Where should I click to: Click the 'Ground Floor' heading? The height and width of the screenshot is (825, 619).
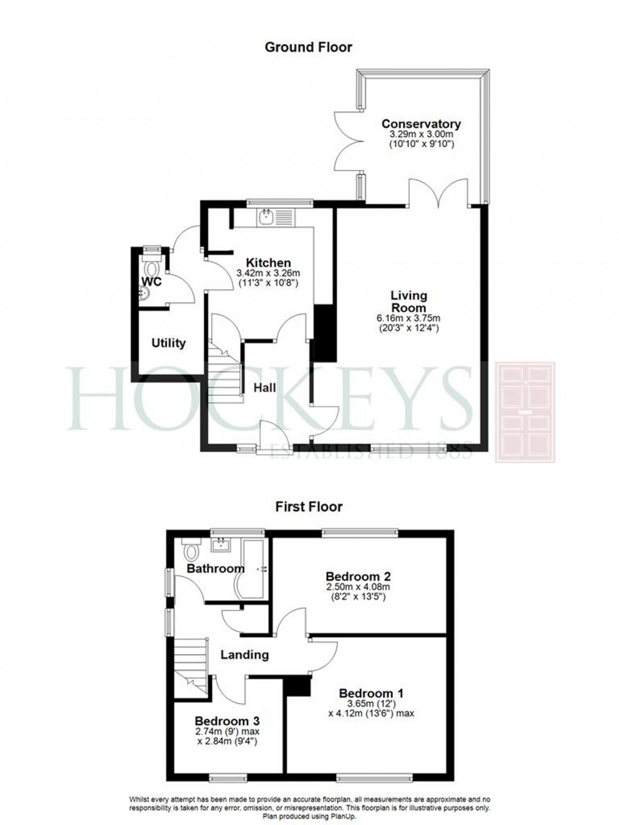pyautogui.click(x=308, y=47)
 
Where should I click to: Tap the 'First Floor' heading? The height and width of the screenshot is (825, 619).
pyautogui.click(x=308, y=506)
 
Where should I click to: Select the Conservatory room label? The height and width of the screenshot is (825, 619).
pyautogui.click(x=421, y=124)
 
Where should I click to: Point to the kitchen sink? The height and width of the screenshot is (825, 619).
pyautogui.click(x=266, y=217)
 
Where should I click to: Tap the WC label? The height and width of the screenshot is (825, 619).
pyautogui.click(x=151, y=281)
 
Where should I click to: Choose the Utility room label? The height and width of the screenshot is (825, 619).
pyautogui.click(x=168, y=343)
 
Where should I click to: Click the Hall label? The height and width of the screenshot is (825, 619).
pyautogui.click(x=264, y=388)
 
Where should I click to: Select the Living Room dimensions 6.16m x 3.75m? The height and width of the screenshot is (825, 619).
pyautogui.click(x=409, y=319)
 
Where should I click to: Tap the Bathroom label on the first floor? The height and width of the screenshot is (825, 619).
pyautogui.click(x=216, y=569)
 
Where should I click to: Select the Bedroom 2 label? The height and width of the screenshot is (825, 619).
pyautogui.click(x=358, y=576)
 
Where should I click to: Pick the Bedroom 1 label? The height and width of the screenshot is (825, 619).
pyautogui.click(x=371, y=693)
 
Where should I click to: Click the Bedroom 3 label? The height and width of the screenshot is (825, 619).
pyautogui.click(x=227, y=720)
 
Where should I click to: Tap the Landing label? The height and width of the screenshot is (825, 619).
pyautogui.click(x=244, y=654)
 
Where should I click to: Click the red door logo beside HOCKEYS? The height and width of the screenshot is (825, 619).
pyautogui.click(x=524, y=412)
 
